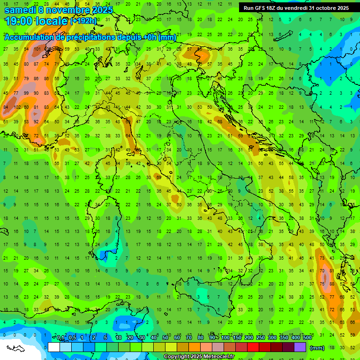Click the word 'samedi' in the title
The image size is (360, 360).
pos(19,10)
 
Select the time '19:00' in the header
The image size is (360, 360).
pos(19,21)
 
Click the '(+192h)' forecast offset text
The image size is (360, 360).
pos(83,21)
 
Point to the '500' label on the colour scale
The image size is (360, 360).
pos(307,337)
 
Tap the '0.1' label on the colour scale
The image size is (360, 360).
pos(61,337)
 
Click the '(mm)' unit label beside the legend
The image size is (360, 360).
pos(317,348)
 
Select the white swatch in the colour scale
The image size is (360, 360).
pos(54,347)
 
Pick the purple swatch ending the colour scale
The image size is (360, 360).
pos(300,347)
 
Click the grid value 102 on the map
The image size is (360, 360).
pos(17,107)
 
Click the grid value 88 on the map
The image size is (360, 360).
pos(332,284)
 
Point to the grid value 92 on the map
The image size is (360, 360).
pos(36,122)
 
